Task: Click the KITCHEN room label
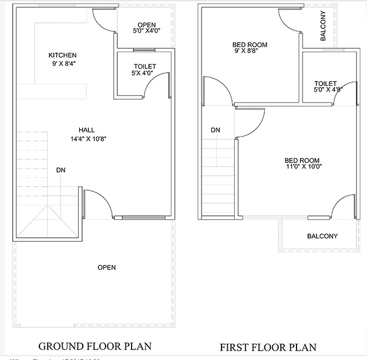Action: pyautogui.click(x=62, y=55)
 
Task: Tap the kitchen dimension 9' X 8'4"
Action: pyautogui.click(x=62, y=64)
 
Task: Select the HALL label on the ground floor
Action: pyautogui.click(x=86, y=130)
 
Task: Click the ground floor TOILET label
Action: pyautogui.click(x=144, y=67)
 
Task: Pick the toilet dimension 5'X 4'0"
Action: pyautogui.click(x=144, y=73)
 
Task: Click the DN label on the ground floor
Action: pyautogui.click(x=61, y=170)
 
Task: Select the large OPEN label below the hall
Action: pyautogui.click(x=107, y=267)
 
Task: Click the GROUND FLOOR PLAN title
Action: pyautogui.click(x=95, y=347)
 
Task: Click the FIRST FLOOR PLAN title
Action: pyautogui.click(x=268, y=347)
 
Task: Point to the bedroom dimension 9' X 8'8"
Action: pyautogui.click(x=250, y=52)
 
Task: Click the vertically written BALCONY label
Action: pyautogui.click(x=323, y=27)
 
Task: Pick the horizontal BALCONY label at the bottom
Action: pyautogui.click(x=322, y=236)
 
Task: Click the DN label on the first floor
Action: pyautogui.click(x=215, y=130)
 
